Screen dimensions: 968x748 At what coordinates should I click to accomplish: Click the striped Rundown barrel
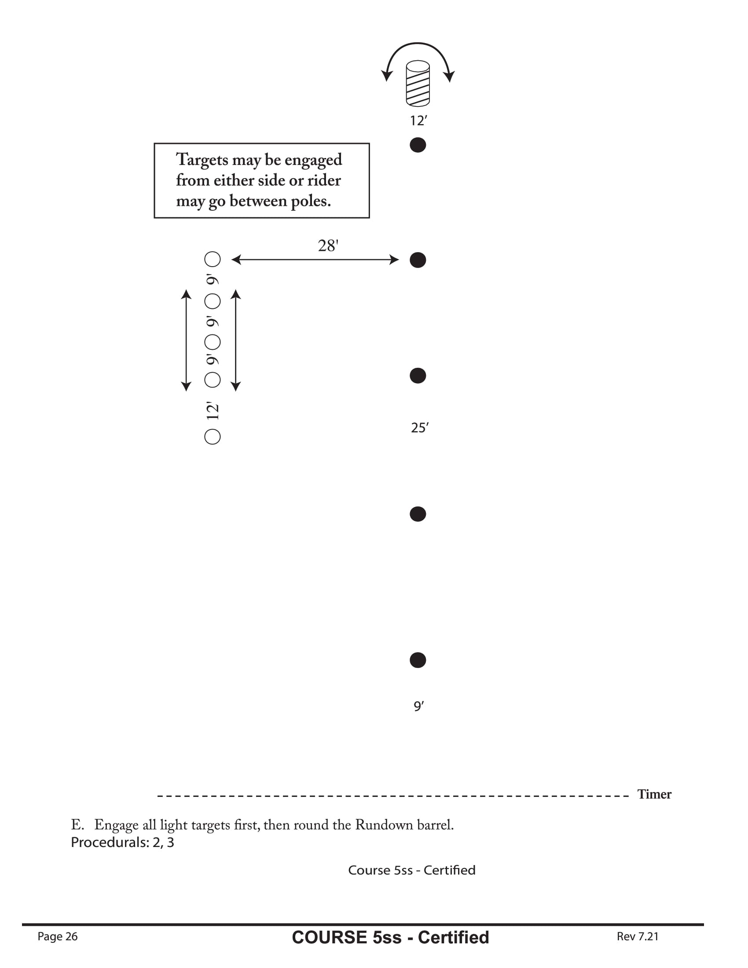418,83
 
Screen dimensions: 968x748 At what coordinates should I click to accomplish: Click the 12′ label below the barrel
418,121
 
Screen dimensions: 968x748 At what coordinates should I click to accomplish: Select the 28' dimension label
328,246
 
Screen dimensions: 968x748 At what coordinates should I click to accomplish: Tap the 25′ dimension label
419,428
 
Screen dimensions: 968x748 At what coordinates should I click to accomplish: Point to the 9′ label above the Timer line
418,706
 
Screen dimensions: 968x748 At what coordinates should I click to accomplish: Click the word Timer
654,794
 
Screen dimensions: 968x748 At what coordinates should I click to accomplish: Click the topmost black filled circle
418,145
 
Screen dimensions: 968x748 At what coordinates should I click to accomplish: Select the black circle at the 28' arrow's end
418,260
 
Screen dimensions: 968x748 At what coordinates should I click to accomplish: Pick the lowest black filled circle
418,660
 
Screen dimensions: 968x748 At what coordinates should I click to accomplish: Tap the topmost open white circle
212,259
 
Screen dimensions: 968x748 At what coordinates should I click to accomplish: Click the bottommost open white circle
212,436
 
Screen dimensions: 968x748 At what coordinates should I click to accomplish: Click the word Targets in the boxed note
202,160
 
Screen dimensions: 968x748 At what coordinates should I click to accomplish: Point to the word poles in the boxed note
310,201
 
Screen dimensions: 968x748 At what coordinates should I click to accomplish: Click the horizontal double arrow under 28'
315,260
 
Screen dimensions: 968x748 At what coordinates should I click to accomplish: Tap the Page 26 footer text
58,936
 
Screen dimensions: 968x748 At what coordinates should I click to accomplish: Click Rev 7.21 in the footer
637,936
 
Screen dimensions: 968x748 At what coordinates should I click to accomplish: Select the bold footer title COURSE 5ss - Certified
390,937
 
